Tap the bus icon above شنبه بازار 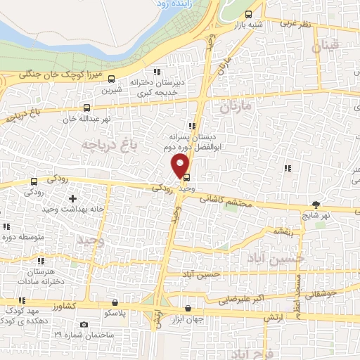[248, 15]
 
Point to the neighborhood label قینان [326, 47]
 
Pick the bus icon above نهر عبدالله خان [86, 108]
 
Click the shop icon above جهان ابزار [188, 309]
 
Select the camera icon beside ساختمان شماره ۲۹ [84, 324]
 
